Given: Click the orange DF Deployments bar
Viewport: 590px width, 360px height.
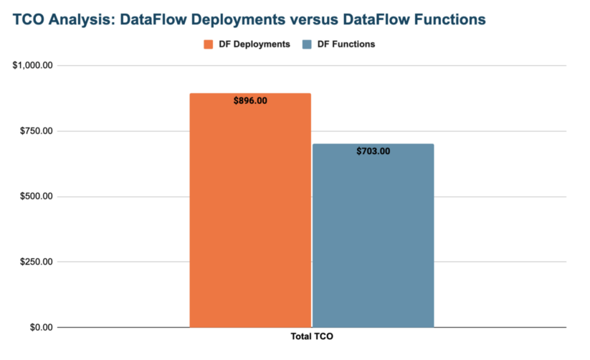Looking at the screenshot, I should pos(250,215).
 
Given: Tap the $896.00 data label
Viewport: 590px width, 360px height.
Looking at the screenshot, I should pos(250,101).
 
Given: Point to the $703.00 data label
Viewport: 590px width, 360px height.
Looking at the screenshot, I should pos(373,151).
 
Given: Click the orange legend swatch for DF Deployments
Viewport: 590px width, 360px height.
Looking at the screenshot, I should pos(209,44).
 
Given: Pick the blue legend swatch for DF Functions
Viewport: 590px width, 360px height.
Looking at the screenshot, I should pos(306,44).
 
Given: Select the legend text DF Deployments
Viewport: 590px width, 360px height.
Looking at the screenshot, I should pos(254,44).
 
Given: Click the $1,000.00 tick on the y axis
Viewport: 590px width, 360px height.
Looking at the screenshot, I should pos(33,65).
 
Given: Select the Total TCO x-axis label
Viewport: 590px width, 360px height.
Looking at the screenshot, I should pos(312,336).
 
